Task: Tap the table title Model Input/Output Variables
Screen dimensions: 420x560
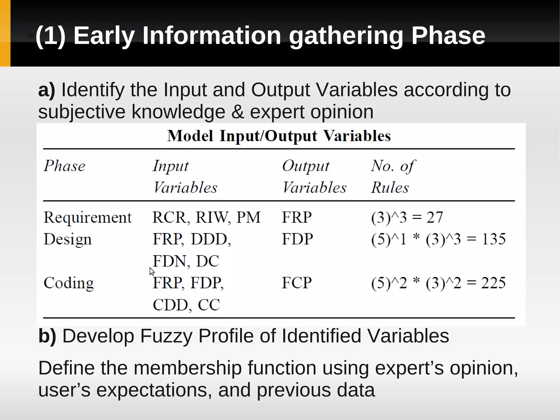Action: (279, 136)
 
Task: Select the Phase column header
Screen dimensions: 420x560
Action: (65, 166)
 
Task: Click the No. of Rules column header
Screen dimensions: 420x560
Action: (393, 176)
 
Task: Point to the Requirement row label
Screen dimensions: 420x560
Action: (87, 218)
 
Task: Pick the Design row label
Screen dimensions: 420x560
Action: (68, 239)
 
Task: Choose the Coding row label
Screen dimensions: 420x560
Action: (69, 283)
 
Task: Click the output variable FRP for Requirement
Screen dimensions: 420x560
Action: (297, 218)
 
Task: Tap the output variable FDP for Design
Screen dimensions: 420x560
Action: (297, 239)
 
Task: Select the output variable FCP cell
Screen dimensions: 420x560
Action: (297, 283)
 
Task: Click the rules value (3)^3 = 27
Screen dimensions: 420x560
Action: (407, 218)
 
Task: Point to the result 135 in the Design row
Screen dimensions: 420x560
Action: (493, 239)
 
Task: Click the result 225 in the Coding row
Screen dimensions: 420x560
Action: (493, 283)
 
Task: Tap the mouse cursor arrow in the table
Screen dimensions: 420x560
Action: (152, 271)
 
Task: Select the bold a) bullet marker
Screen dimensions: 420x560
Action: (46, 90)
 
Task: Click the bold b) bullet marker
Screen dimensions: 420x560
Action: (47, 336)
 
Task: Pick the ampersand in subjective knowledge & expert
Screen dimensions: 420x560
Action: (237, 112)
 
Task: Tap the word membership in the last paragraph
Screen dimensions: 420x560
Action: (188, 368)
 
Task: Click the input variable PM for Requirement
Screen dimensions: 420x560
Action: (248, 218)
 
